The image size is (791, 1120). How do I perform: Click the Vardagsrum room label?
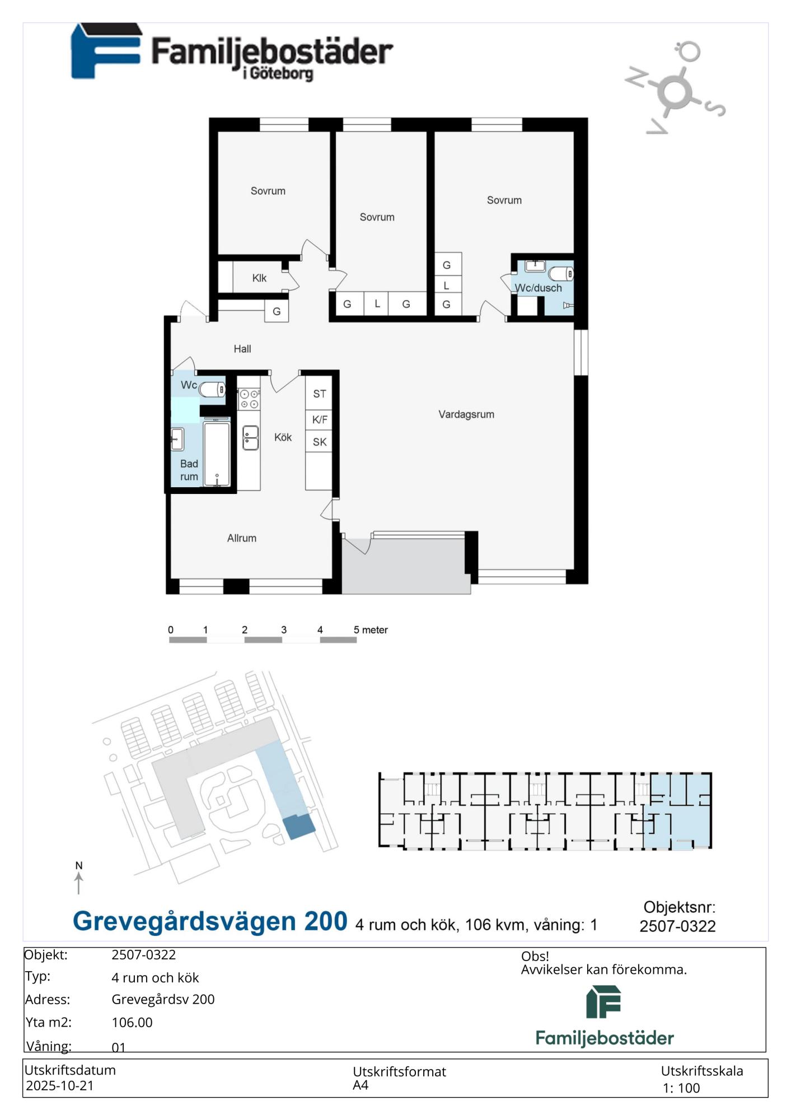tap(466, 414)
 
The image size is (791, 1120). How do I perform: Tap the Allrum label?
tap(242, 538)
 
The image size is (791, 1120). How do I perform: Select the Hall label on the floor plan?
tap(242, 349)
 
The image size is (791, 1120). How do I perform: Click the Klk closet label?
tap(259, 278)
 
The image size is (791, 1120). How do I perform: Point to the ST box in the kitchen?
tap(320, 394)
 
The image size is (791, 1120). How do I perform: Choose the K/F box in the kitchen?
tap(320, 419)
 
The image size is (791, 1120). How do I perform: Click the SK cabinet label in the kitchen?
tap(320, 442)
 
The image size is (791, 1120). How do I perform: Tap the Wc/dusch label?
tap(539, 288)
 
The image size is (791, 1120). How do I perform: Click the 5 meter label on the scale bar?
tap(371, 630)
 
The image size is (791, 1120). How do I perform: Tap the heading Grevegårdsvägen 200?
tap(210, 922)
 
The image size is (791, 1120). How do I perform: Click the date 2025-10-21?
tap(60, 1086)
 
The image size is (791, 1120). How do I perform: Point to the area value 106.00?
tap(132, 1023)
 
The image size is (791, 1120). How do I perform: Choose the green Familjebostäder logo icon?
tap(604, 1002)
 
